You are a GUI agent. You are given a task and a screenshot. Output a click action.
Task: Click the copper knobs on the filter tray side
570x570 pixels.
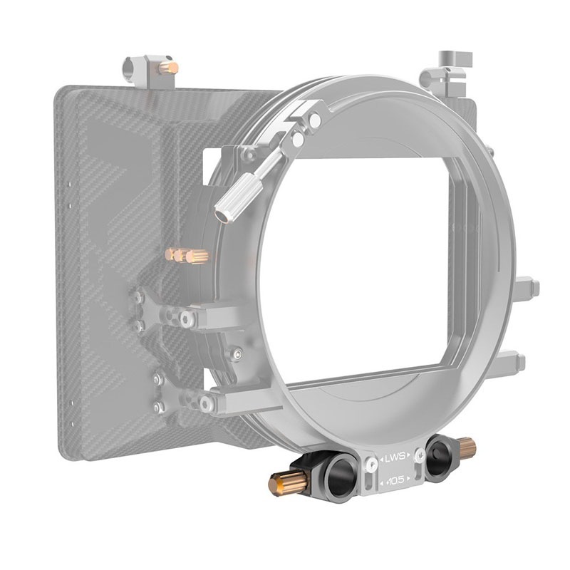(187, 254)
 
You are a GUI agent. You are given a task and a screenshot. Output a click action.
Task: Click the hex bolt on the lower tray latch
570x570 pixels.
(208, 403)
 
